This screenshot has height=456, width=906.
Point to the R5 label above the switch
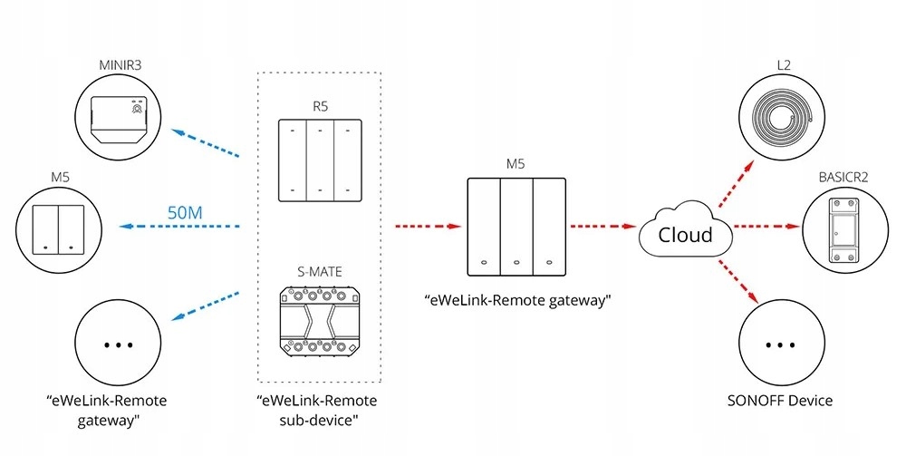319,106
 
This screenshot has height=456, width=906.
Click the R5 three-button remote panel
319,161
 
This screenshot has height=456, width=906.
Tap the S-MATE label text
319,270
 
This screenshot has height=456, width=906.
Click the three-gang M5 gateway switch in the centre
514,227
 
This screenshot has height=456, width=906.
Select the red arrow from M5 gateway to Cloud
601,227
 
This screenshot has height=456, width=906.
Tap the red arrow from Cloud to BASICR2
766,227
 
